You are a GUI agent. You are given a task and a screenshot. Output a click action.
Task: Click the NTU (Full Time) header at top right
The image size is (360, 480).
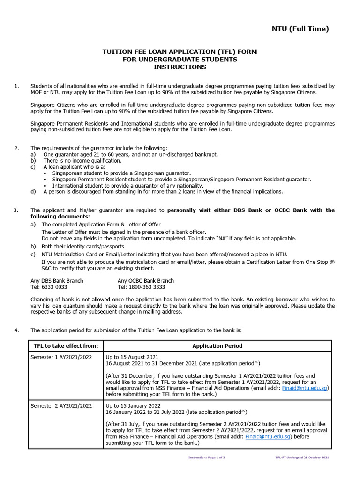point(300,29)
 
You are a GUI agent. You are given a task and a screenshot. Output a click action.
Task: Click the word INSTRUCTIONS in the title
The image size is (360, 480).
point(180,67)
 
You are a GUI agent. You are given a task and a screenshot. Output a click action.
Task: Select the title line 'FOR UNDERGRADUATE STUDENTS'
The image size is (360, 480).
point(180,60)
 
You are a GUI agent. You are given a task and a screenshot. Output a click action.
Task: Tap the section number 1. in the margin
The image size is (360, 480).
point(17,86)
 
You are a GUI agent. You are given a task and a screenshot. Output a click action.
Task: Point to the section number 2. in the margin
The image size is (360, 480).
point(17,148)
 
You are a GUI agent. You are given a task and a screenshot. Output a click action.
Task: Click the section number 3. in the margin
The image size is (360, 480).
point(17,210)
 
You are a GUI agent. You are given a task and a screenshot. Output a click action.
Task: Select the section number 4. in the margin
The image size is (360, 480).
point(17,330)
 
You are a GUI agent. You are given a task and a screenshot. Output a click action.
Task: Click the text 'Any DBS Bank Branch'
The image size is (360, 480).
point(57,280)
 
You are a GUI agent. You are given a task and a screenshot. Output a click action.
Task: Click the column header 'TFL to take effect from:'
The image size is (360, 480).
point(66,346)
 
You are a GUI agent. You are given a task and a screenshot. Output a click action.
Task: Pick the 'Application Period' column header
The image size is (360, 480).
point(217,346)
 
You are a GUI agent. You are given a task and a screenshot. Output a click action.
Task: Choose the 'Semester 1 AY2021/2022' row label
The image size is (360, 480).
point(61,357)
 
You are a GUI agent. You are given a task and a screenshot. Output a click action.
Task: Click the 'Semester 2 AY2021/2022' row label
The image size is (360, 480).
point(61,405)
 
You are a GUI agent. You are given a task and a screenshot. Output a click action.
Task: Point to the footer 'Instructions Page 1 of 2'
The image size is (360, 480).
point(207,457)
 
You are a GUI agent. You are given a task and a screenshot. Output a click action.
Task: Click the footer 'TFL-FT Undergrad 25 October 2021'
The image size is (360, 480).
point(302,457)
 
